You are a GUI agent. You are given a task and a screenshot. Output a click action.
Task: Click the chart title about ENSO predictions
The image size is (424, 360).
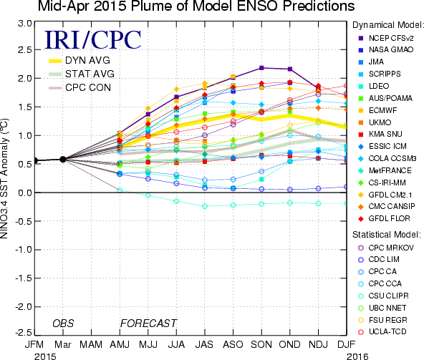196,6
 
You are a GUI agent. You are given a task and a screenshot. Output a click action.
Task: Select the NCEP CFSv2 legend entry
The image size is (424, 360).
386,38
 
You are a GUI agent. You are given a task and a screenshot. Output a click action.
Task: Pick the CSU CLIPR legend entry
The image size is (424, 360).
383,296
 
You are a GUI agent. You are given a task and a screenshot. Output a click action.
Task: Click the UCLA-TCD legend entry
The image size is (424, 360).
382,331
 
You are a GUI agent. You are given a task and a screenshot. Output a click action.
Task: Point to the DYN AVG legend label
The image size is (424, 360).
87,60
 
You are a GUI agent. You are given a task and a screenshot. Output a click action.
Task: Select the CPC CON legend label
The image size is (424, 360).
88,87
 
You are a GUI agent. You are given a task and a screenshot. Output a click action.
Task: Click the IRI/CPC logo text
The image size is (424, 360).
93,40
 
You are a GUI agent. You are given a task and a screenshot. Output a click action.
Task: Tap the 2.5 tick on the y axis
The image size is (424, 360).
25,49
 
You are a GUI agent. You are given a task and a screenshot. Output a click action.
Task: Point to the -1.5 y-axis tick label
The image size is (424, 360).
23,278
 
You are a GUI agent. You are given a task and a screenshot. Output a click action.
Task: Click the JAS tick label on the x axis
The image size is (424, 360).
204,344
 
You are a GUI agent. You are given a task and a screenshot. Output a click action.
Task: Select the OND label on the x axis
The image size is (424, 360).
289,344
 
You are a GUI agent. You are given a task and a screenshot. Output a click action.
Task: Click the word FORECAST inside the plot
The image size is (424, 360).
148,323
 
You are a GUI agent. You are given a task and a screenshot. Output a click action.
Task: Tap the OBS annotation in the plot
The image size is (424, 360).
63,323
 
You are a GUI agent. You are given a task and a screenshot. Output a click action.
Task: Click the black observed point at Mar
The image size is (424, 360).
63,160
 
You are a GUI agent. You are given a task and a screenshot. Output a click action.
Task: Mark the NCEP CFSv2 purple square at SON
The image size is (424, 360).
261,68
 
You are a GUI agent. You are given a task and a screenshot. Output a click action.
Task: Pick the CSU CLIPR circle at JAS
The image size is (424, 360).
205,206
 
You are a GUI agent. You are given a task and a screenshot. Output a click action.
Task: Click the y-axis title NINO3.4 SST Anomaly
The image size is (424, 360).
4,179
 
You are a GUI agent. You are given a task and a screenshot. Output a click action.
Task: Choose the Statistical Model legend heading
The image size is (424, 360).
387,235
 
